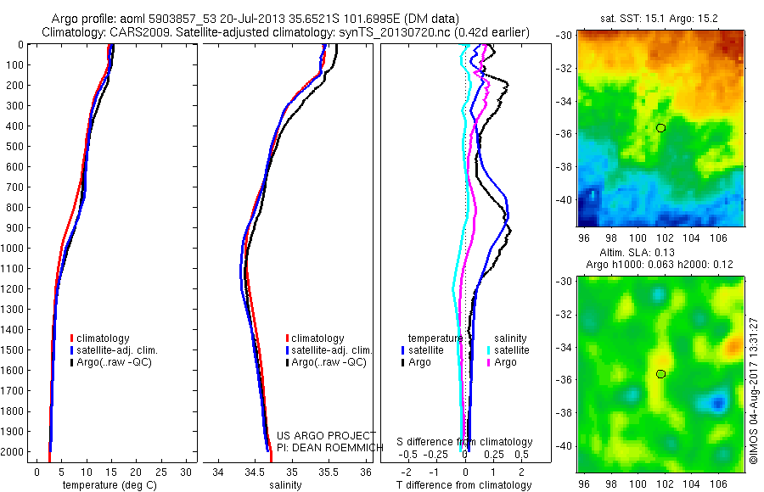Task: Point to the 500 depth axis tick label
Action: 14,146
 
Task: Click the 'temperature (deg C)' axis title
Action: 107,485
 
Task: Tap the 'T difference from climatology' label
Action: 464,485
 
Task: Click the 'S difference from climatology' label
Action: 465,442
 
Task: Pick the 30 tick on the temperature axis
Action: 187,472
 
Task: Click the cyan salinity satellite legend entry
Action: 508,350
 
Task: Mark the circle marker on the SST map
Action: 660,127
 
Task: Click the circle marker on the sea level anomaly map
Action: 660,374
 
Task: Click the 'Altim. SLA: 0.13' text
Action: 629,254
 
